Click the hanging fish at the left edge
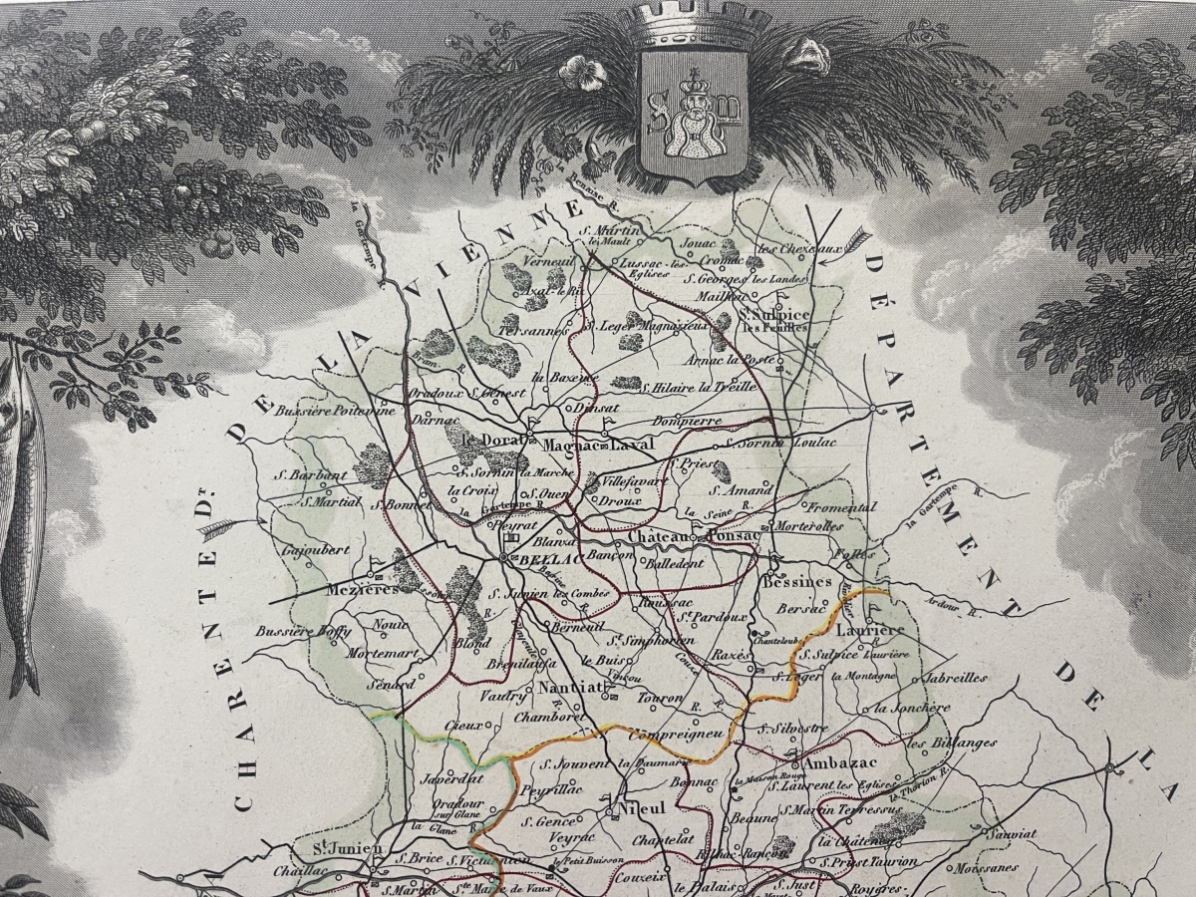pyautogui.click(x=22, y=518)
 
